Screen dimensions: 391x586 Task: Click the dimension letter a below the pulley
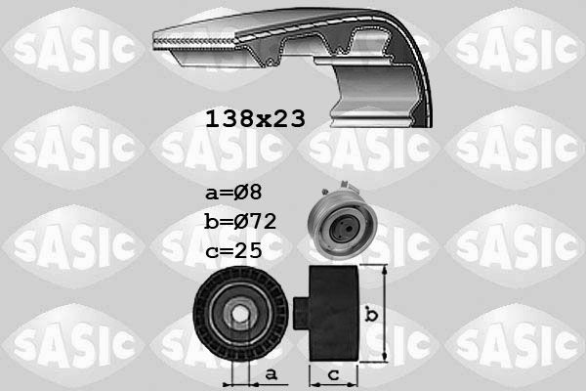[x=272, y=373]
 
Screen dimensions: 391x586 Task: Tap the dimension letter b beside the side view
[x=370, y=316]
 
